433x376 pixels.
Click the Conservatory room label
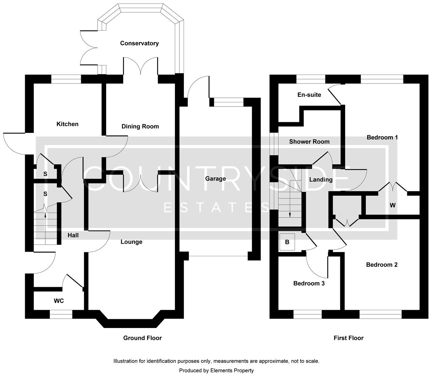point(139,43)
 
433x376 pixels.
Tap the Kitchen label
point(68,124)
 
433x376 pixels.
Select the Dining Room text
point(140,126)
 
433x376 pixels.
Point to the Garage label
point(215,179)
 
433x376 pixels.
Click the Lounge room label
point(131,242)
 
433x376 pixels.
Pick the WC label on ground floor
point(59,300)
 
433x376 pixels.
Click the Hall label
point(73,235)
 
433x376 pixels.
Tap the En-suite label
point(309,95)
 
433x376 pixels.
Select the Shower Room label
point(309,141)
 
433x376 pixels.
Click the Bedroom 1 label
point(382,137)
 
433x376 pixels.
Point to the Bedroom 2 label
point(381,265)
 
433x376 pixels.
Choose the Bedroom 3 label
point(309,283)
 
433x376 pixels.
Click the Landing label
point(320,180)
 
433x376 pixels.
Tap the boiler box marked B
point(287,242)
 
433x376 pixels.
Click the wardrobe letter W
point(393,205)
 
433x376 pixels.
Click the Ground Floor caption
point(142,338)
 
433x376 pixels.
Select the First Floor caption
point(348,338)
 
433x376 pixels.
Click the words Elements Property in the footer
point(232,370)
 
